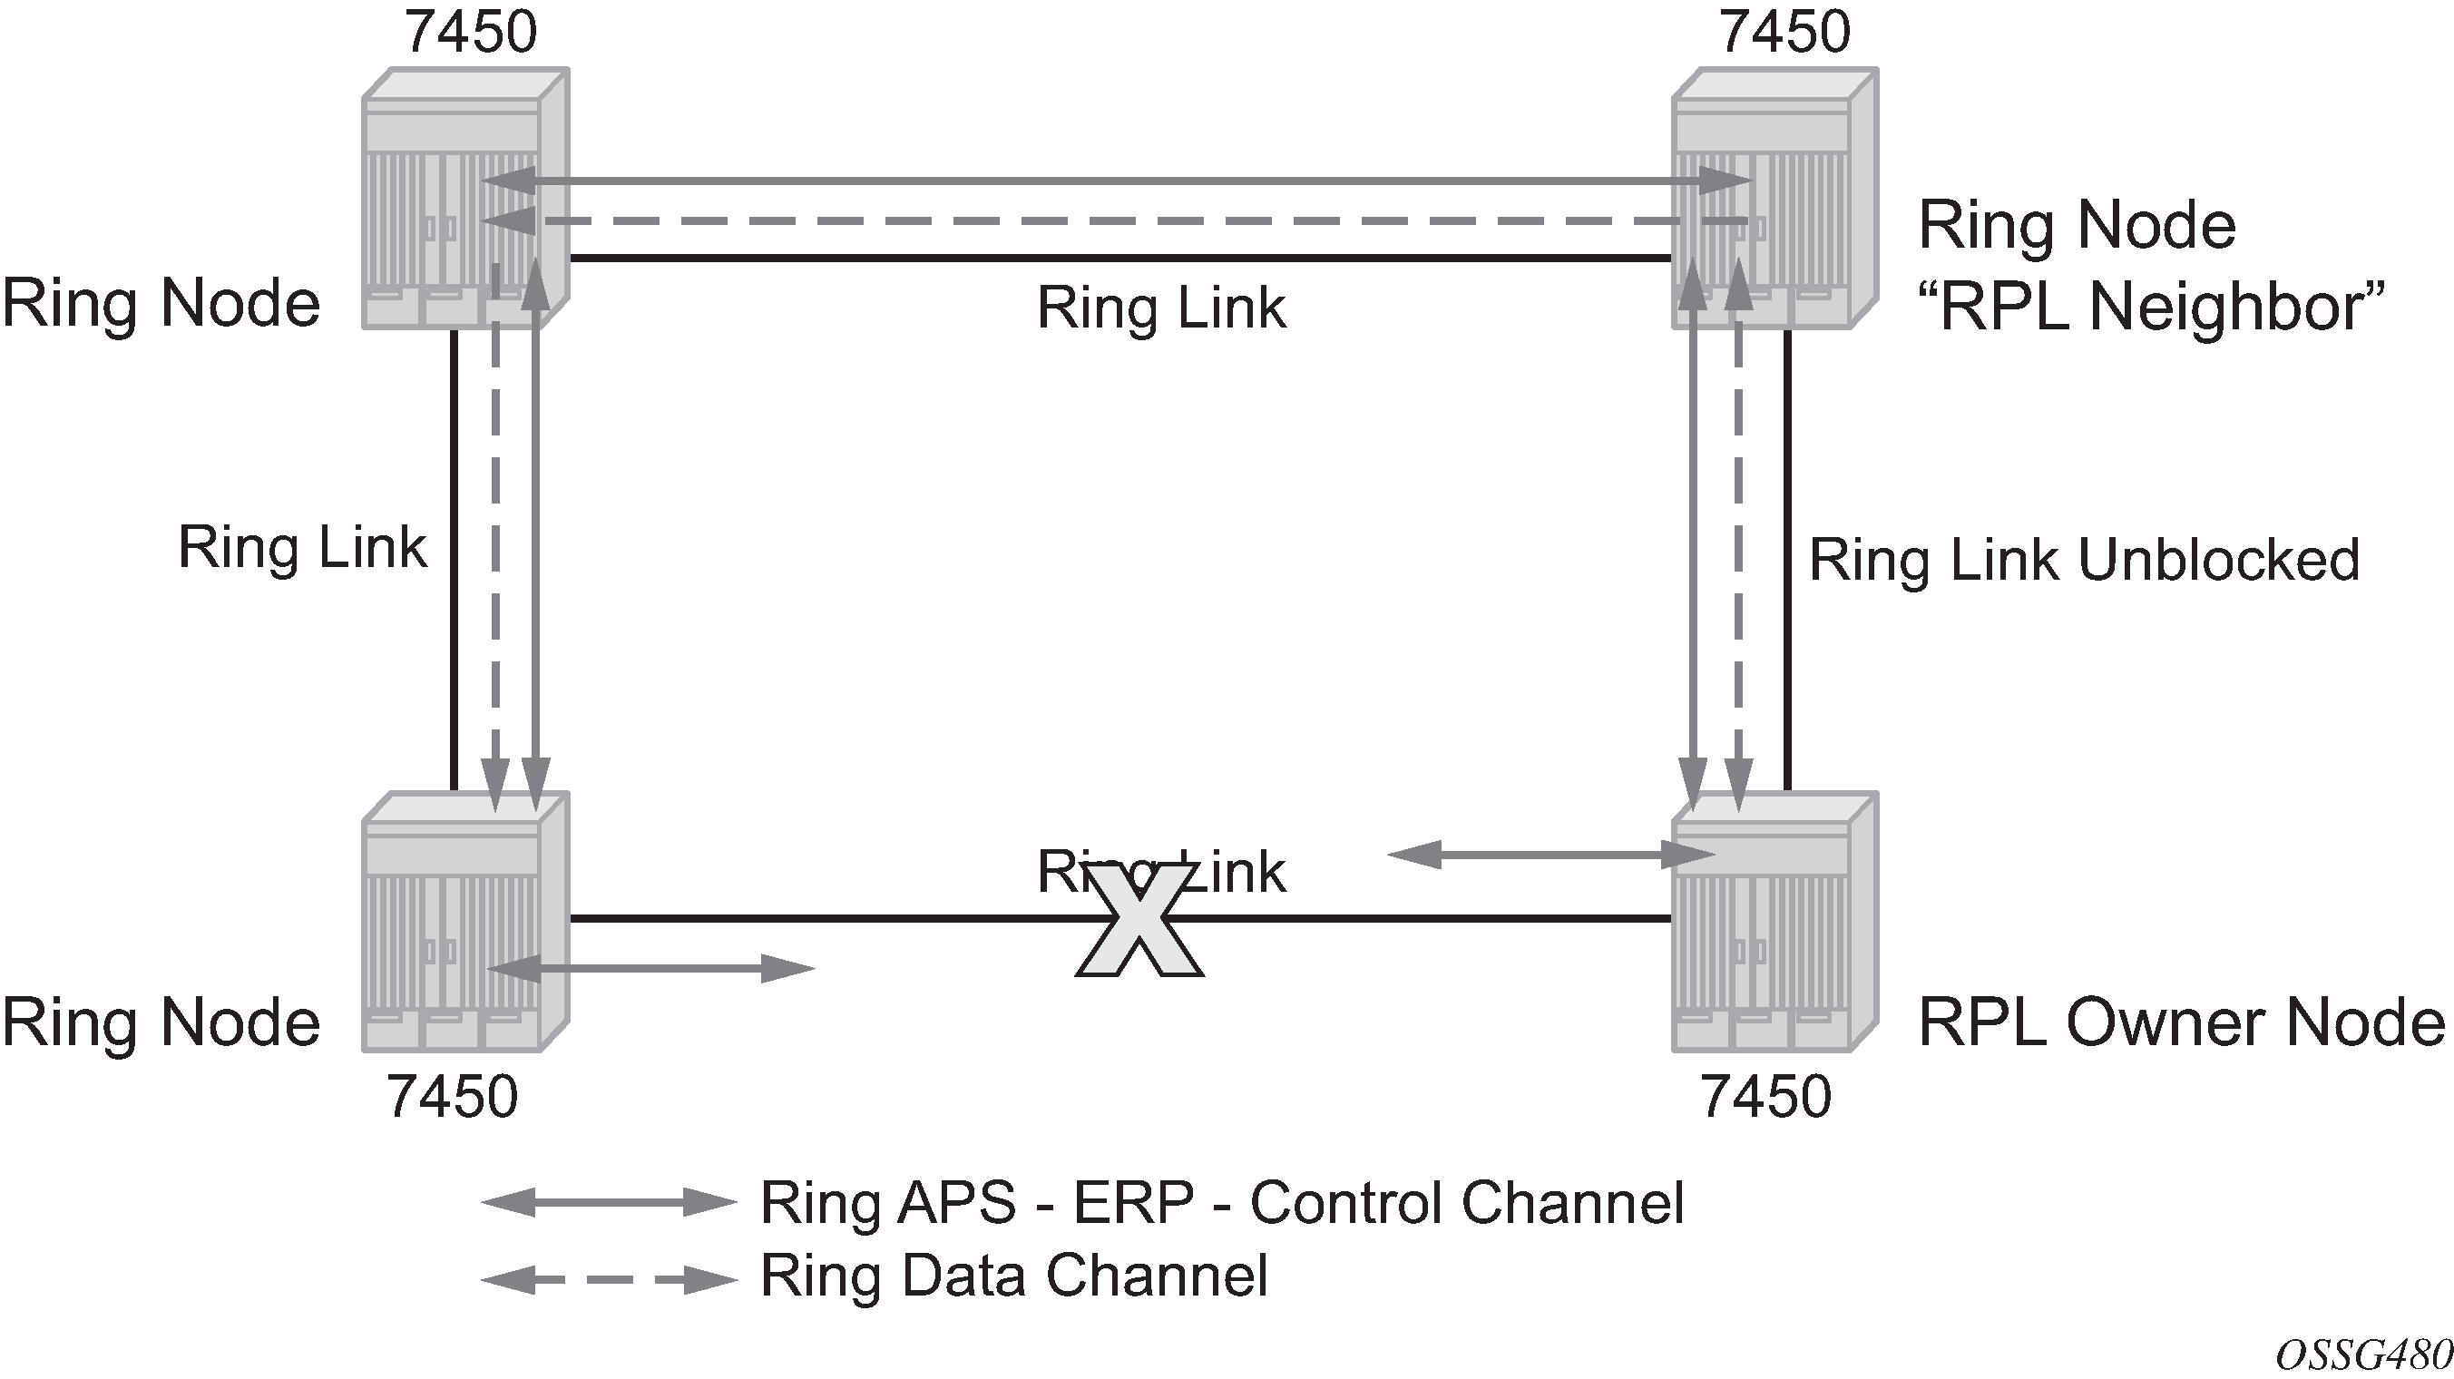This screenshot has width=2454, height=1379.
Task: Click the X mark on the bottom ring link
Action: pyautogui.click(x=1139, y=923)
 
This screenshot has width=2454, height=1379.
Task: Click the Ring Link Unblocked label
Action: pyautogui.click(x=2084, y=560)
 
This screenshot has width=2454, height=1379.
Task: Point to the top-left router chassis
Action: pyautogui.click(x=464, y=199)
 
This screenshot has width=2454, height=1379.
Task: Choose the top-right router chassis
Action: pyautogui.click(x=1774, y=199)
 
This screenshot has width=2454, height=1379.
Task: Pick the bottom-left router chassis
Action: pyautogui.click(x=464, y=922)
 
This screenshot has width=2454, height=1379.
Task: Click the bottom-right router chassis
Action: pyautogui.click(x=1774, y=922)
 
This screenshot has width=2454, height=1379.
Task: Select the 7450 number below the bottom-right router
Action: pyautogui.click(x=1765, y=1096)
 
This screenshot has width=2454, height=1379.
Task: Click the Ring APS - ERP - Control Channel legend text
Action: pyautogui.click(x=1221, y=1203)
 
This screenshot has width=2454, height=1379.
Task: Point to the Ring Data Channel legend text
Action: pyautogui.click(x=1013, y=1276)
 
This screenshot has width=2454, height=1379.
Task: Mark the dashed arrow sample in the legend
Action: pyautogui.click(x=609, y=1279)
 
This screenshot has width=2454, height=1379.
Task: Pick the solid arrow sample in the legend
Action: pyautogui.click(x=609, y=1203)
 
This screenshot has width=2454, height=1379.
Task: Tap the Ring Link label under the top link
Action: pyautogui.click(x=1160, y=308)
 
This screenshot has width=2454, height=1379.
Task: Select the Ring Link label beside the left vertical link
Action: pyautogui.click(x=302, y=548)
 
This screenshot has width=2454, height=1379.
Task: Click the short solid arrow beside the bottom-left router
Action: pyautogui.click(x=650, y=970)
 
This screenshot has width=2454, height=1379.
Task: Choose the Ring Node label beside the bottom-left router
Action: pyautogui.click(x=161, y=1022)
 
